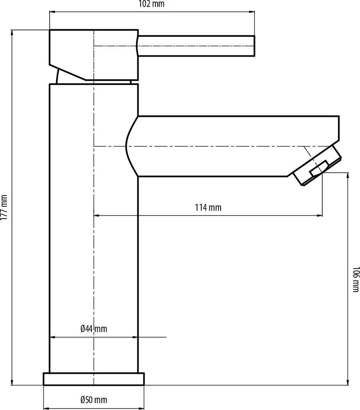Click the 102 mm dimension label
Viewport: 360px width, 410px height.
151,4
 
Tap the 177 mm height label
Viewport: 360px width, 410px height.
4,207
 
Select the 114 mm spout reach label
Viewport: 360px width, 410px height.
208,207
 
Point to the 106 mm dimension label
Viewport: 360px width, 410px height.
356,279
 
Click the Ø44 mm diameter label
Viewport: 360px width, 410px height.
93,329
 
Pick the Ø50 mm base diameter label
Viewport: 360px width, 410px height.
93,400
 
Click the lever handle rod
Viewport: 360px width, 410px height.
196,46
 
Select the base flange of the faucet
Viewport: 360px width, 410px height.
93,379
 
